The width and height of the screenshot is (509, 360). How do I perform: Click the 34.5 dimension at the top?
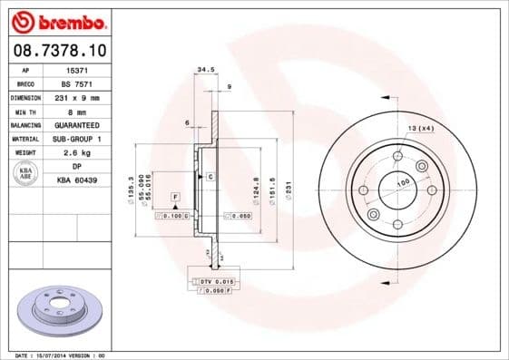(205, 69)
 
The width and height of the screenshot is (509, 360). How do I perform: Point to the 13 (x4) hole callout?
(420, 127)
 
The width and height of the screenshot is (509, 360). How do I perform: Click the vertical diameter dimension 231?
(289, 190)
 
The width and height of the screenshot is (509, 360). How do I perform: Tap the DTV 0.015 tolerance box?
(211, 283)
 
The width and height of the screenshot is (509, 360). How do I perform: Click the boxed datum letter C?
(210, 176)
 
